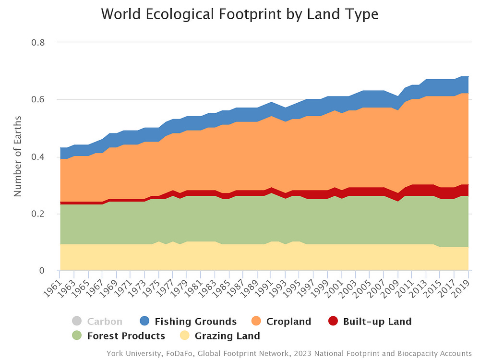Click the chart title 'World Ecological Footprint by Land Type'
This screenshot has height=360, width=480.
pyautogui.click(x=240, y=14)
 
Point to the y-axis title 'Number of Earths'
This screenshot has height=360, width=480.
pyautogui.click(x=18, y=156)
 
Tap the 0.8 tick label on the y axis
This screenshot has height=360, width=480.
pyautogui.click(x=38, y=42)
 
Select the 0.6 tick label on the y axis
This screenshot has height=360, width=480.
pyautogui.click(x=38, y=99)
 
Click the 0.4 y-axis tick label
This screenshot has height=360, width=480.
pyautogui.click(x=38, y=156)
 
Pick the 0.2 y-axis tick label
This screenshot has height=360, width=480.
pyautogui.click(x=38, y=214)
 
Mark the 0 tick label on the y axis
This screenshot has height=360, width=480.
pyautogui.click(x=42, y=271)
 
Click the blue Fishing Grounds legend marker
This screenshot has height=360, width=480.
pyautogui.click(x=144, y=322)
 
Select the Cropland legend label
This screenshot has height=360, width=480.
pyautogui.click(x=288, y=322)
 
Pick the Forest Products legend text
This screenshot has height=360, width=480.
pyautogui.click(x=126, y=336)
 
